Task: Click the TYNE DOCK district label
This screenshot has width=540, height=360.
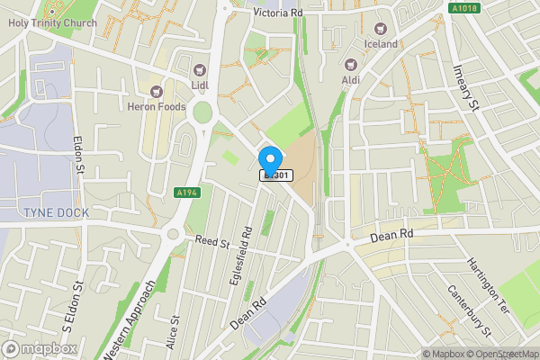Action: click(x=44, y=211)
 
